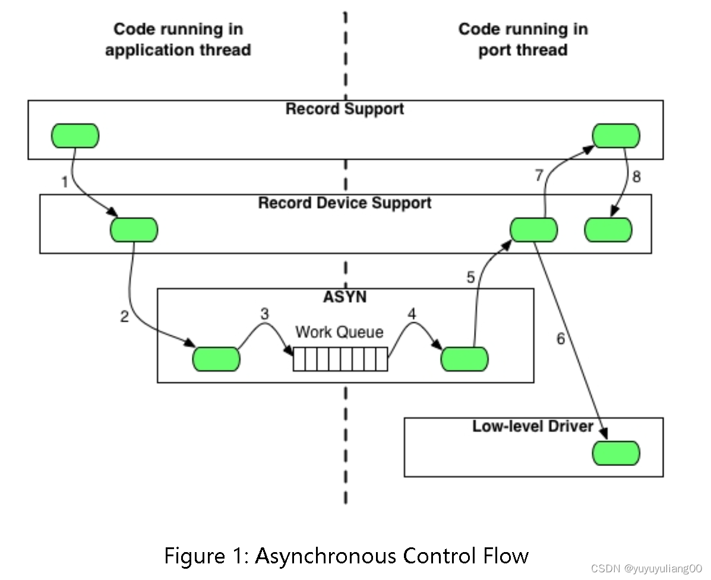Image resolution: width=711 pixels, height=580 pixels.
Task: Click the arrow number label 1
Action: (x=65, y=182)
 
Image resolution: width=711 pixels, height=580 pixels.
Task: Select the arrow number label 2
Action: (x=124, y=316)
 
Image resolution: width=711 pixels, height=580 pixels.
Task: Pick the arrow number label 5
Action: (x=470, y=277)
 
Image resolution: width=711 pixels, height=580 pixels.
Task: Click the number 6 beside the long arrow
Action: (x=560, y=339)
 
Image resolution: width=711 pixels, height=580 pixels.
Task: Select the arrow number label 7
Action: (x=539, y=176)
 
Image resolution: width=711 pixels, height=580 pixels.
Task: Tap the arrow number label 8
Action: (x=636, y=176)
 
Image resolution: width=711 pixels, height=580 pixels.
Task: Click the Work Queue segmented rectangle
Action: (x=340, y=359)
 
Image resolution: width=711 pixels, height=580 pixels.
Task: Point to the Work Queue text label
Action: (x=339, y=332)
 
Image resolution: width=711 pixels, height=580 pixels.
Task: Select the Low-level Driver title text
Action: (x=533, y=426)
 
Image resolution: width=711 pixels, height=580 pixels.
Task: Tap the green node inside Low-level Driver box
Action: (x=616, y=454)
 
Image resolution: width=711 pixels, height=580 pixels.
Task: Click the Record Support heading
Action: (x=345, y=109)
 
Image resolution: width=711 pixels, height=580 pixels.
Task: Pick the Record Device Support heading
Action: (x=345, y=203)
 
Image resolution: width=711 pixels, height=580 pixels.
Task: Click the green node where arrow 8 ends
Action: (x=608, y=230)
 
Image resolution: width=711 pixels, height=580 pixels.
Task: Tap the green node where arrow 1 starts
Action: (x=75, y=136)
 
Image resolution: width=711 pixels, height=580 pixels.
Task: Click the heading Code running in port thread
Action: (x=523, y=39)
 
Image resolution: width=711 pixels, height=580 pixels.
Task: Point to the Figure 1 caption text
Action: (x=346, y=556)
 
